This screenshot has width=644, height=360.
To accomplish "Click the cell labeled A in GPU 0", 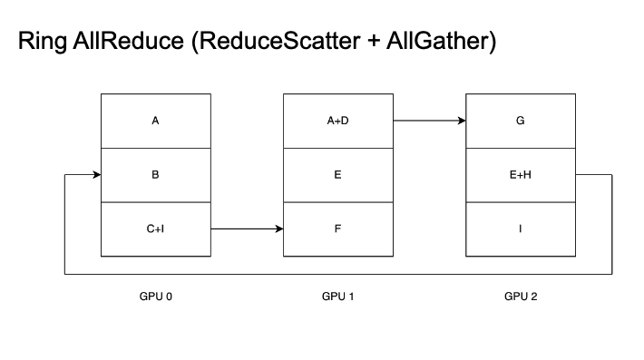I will click(x=155, y=120).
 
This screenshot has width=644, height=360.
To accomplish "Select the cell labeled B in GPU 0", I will click(x=155, y=174).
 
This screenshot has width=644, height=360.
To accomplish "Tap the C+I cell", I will click(x=155, y=229).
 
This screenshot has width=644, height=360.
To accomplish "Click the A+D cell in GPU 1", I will click(x=337, y=120).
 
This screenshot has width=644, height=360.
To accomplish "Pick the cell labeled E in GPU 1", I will click(x=337, y=174).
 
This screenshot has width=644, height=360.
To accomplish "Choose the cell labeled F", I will click(x=337, y=229).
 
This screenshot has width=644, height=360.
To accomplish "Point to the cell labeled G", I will click(x=520, y=120).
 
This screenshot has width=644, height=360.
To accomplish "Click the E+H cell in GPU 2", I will click(x=520, y=174).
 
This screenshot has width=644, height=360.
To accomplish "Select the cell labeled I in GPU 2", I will click(x=520, y=229).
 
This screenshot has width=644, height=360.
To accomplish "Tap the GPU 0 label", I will click(x=155, y=296).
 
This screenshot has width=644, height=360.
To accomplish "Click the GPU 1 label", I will click(x=337, y=296).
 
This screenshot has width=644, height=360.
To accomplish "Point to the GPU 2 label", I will click(x=520, y=296).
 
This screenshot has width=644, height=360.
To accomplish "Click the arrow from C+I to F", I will click(x=247, y=229).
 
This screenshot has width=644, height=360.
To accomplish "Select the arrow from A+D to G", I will click(x=429, y=120).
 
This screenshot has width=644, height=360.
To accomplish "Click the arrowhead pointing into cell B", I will click(x=95, y=174).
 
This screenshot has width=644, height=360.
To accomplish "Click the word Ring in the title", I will click(x=41, y=43).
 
